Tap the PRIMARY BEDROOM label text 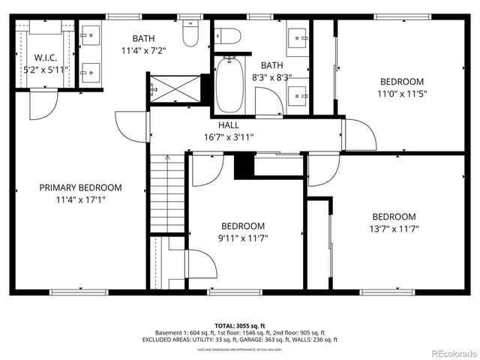click(x=80, y=187)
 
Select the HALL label click(x=229, y=125)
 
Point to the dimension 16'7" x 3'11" click(x=229, y=137)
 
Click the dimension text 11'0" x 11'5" click(x=401, y=94)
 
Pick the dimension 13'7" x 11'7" click(x=394, y=229)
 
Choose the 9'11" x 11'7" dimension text click(x=242, y=238)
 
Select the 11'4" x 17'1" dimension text click(x=80, y=200)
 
